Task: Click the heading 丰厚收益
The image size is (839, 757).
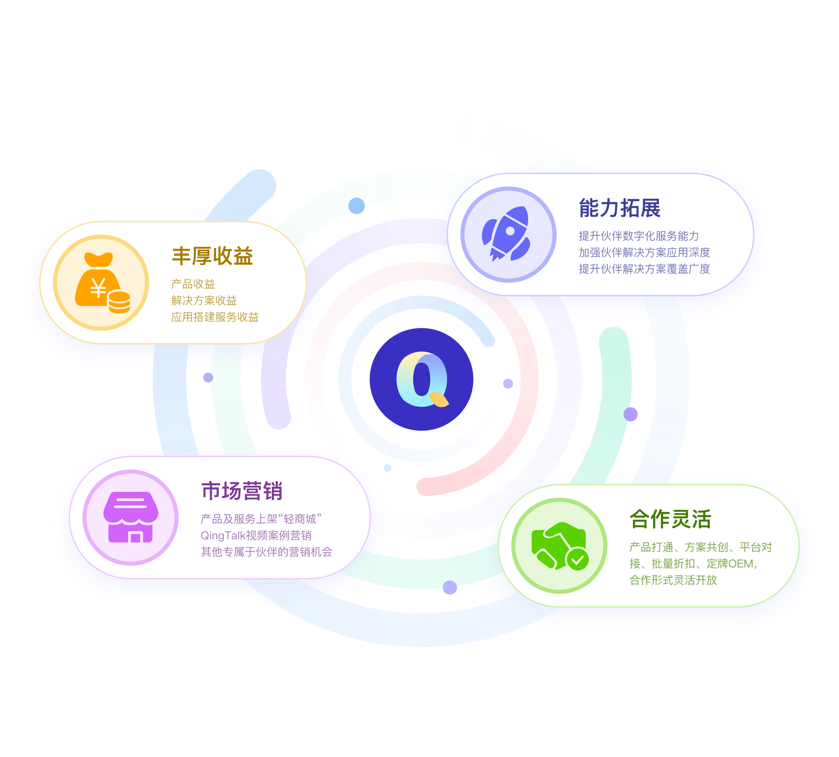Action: (x=213, y=256)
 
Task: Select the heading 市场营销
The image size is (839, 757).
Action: (x=242, y=491)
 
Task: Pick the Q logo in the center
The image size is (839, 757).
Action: (x=421, y=379)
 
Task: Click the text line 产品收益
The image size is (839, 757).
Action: (x=193, y=284)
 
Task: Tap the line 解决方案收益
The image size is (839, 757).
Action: (x=204, y=300)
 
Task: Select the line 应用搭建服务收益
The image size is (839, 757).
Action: (x=215, y=317)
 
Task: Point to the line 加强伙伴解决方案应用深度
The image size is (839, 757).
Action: (x=644, y=252)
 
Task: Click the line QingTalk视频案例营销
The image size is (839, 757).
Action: (x=256, y=535)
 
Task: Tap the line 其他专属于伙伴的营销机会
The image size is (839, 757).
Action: (x=266, y=552)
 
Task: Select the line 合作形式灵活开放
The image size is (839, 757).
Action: (x=673, y=580)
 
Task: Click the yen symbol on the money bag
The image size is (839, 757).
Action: (x=98, y=288)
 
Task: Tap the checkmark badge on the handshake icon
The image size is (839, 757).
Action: (x=577, y=560)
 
